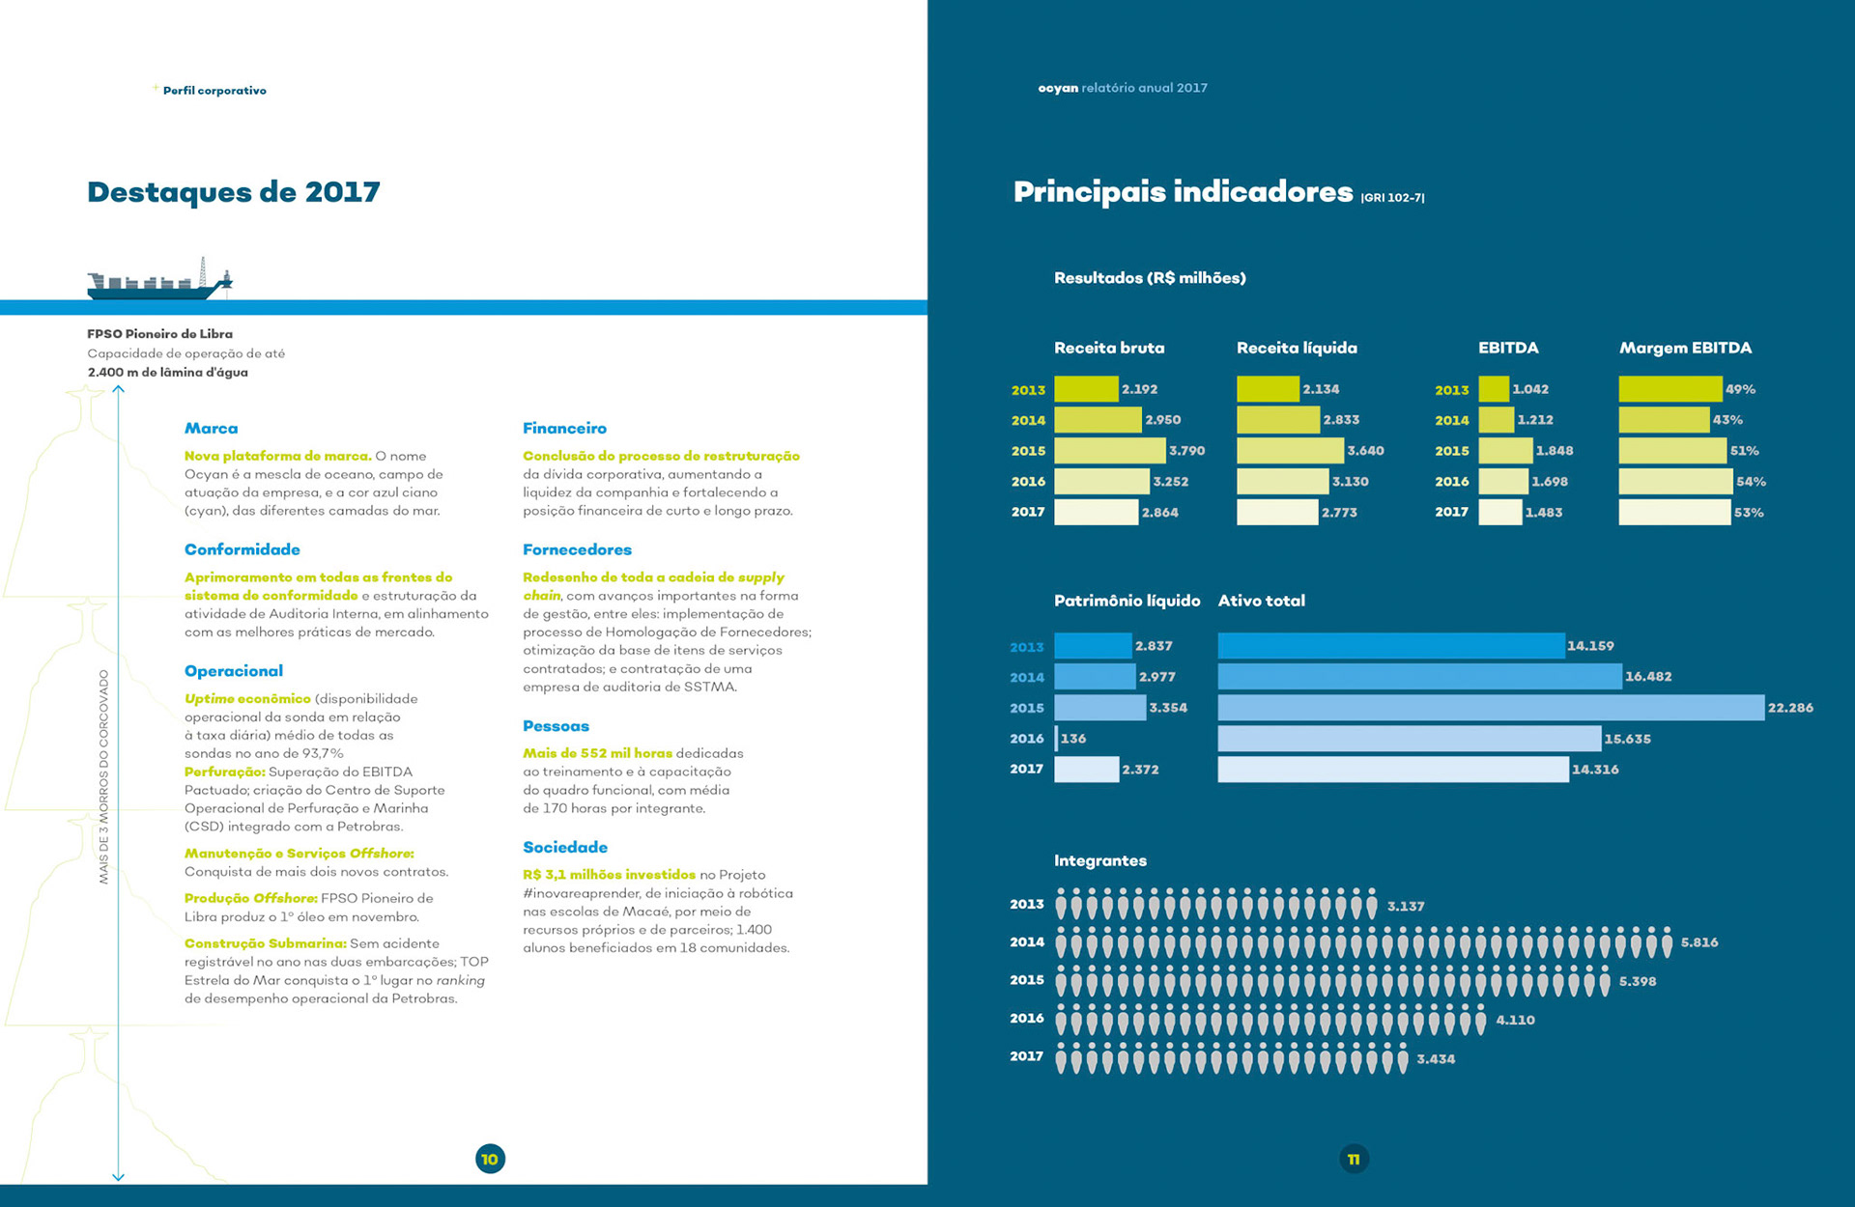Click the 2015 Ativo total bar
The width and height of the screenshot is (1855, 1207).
tap(1491, 708)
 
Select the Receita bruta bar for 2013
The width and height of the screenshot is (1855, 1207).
tap(1086, 389)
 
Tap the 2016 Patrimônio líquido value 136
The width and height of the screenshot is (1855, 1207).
tap(1072, 739)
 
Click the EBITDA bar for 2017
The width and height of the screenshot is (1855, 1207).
tap(1499, 513)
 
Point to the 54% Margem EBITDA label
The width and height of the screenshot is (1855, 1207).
tap(1751, 482)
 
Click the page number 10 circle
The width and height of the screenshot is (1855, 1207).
tap(490, 1159)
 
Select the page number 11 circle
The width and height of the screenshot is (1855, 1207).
tap(1354, 1159)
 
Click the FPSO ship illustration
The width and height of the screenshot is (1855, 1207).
tap(160, 280)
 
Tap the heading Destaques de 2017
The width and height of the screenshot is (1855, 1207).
tap(234, 192)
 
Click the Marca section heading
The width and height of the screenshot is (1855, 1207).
tap(211, 428)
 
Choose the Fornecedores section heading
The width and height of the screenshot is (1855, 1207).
tap(577, 549)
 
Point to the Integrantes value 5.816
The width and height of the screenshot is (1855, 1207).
tap(1699, 942)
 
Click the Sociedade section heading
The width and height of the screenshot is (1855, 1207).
tap(565, 847)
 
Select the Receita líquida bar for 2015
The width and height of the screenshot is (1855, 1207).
tap(1290, 451)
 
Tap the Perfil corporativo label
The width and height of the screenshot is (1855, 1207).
tap(214, 91)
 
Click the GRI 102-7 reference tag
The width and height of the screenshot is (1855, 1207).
tap(1392, 198)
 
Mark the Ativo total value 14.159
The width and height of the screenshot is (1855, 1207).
tap(1590, 646)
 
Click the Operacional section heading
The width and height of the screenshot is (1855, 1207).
tap(234, 671)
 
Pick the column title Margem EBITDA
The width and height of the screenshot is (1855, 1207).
tap(1685, 348)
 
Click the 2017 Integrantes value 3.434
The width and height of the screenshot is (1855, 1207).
tap(1436, 1059)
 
